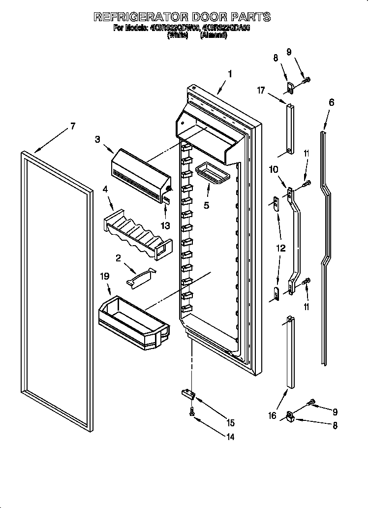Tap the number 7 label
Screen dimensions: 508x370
click(x=72, y=126)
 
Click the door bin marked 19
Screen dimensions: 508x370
click(x=132, y=320)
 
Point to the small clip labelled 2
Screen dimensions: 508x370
click(x=141, y=277)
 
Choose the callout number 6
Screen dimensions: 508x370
click(x=331, y=102)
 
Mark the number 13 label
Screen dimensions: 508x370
click(x=165, y=226)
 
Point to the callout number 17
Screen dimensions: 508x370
click(x=261, y=90)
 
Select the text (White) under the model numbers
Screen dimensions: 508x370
click(x=178, y=35)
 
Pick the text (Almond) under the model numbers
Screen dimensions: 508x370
click(x=213, y=35)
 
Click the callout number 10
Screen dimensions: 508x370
click(x=274, y=170)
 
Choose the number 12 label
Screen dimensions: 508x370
click(x=280, y=249)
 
